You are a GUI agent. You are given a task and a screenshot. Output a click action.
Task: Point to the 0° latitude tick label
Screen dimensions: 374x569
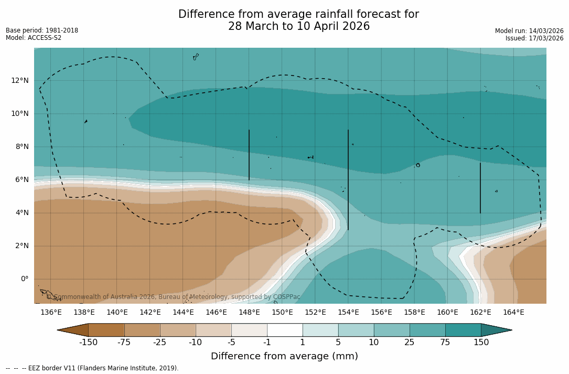pos(24,279)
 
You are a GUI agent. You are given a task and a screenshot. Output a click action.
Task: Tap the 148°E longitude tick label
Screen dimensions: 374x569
pos(249,312)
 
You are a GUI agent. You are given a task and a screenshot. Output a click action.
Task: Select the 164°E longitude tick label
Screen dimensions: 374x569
pos(513,312)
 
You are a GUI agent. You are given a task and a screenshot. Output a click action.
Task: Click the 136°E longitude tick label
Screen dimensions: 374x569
pos(51,312)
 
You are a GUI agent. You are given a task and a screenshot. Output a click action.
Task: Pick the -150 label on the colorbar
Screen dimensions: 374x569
pos(88,343)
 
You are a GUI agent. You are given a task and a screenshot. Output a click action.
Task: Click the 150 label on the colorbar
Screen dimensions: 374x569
pos(481,343)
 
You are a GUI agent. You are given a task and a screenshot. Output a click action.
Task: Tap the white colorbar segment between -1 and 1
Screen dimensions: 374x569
pos(285,330)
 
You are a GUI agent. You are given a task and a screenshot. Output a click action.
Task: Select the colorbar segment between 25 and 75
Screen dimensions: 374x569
pos(427,330)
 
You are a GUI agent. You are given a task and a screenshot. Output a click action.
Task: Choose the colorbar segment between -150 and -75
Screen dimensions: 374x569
pos(106,330)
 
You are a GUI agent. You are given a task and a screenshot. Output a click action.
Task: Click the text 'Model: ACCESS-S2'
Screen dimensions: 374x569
pos(34,38)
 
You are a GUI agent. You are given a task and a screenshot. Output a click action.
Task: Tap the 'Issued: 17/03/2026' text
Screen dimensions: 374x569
pos(534,38)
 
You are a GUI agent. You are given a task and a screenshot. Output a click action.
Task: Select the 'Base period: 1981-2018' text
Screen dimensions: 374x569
pos(42,30)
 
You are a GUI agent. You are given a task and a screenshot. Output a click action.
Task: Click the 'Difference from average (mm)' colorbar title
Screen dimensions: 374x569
pos(284,356)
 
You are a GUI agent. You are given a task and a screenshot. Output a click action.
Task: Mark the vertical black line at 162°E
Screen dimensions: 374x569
pos(480,188)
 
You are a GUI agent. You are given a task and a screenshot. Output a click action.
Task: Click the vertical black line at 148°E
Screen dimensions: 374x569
pos(249,155)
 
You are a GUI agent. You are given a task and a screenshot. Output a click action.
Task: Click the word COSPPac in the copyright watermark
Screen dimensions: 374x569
pos(287,297)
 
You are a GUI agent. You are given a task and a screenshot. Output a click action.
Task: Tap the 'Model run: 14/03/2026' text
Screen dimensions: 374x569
pos(529,31)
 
